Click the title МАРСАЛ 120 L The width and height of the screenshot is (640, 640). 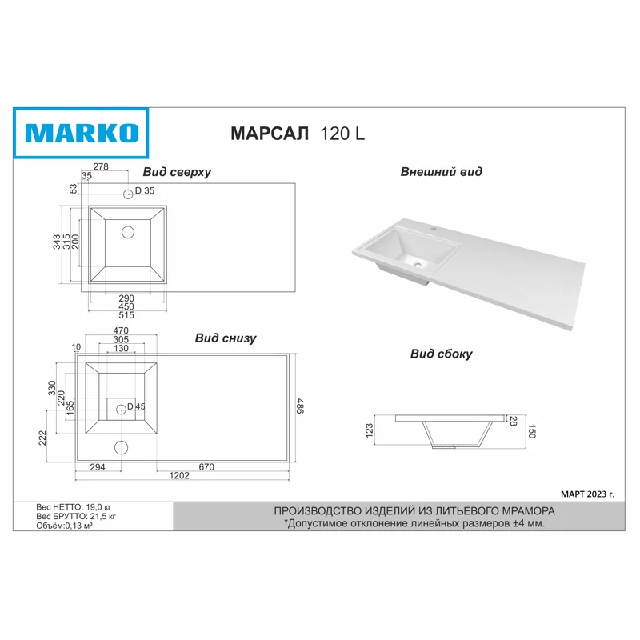point(298,134)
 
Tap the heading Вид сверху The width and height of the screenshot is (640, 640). point(177,172)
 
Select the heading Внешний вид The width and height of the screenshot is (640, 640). point(441,172)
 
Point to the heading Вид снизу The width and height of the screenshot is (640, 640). point(226,338)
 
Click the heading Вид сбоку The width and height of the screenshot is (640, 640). point(441,354)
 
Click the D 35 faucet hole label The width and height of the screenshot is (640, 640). point(144,190)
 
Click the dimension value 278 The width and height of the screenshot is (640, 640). point(100,167)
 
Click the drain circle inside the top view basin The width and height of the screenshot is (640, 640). point(128,232)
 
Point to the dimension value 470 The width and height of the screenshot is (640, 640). point(120,330)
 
